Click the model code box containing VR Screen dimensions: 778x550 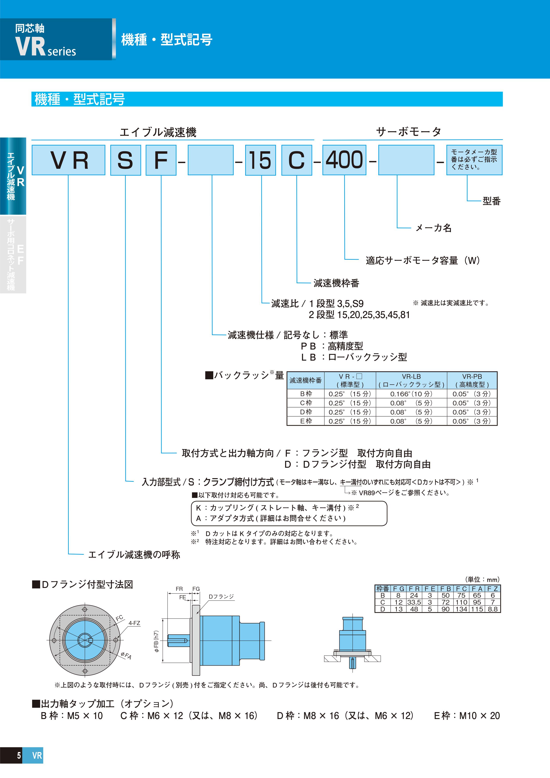69,160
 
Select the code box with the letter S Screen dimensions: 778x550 125,160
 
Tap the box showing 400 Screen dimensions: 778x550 344,160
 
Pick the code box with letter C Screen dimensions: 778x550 296,160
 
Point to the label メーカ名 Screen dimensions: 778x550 433,228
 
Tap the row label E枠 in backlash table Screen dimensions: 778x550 306,421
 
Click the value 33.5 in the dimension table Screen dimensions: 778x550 414,602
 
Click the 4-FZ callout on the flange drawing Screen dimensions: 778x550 134,623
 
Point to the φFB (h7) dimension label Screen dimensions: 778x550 157,641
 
